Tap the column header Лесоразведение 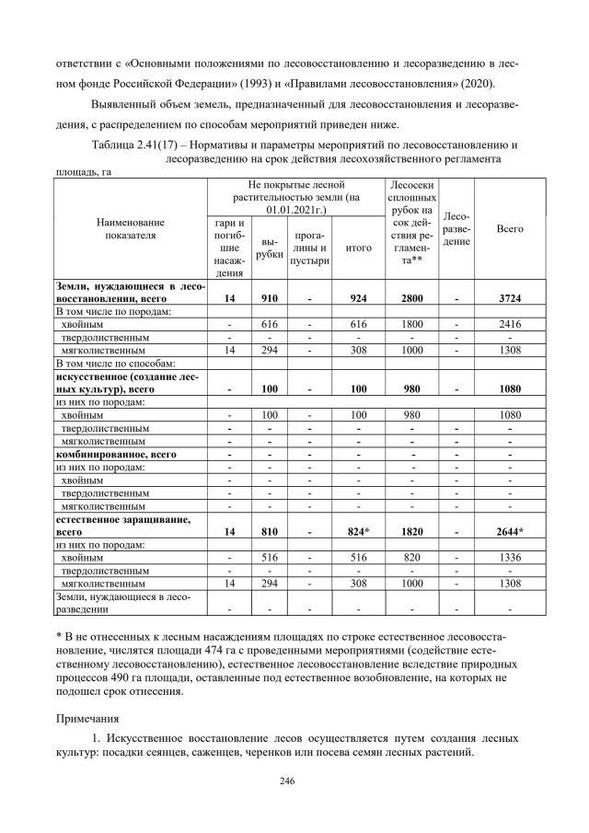(457, 228)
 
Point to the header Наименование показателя (130, 228)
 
